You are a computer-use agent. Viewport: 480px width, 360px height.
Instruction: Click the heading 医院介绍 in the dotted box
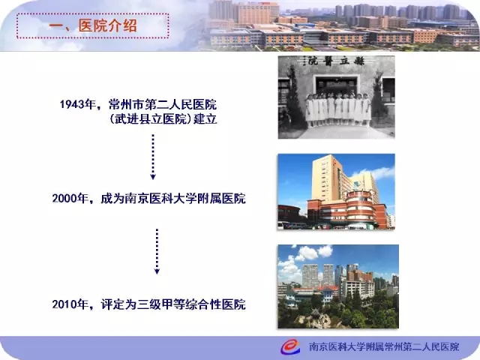[108, 25]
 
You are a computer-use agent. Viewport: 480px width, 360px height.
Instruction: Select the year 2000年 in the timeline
[70, 198]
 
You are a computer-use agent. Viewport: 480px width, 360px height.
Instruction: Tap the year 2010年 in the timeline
[70, 304]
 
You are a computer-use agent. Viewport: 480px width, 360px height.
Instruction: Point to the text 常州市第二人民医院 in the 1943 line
[163, 105]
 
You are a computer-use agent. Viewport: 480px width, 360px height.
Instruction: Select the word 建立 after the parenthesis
[205, 119]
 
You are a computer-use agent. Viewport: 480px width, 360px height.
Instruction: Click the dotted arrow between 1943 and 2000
[153, 157]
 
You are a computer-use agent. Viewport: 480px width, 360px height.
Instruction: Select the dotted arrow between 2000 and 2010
[157, 251]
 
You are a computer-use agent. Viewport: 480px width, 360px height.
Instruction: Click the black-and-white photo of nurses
[337, 97]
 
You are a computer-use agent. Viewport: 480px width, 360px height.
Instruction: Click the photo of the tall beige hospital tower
[337, 192]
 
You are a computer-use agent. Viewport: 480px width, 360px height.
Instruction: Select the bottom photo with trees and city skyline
[338, 286]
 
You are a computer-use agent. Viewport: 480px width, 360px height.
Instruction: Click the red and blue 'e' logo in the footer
[290, 346]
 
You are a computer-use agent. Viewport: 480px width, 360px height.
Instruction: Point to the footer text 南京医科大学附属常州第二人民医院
[384, 346]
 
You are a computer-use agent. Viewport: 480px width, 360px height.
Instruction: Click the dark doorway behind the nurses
[336, 85]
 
